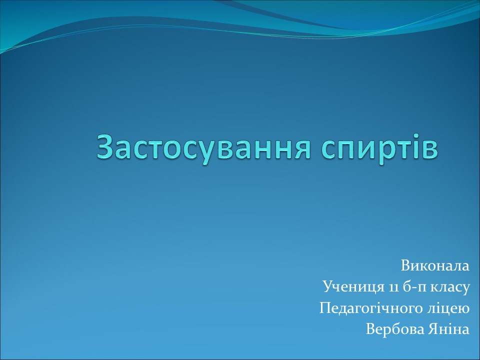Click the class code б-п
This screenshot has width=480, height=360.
414,287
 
